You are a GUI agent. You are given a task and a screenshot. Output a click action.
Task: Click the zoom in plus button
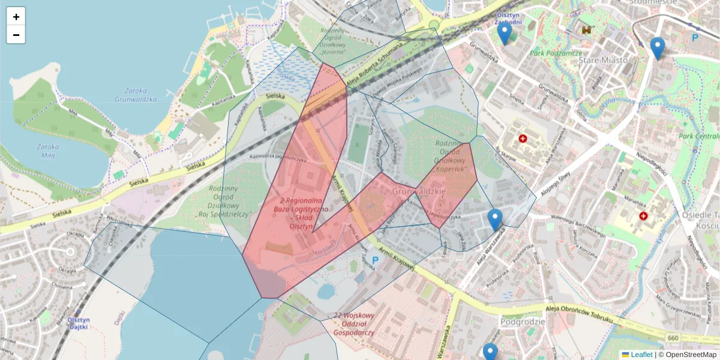[x=16, y=17]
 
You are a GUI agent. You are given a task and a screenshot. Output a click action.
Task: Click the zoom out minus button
[x=16, y=35]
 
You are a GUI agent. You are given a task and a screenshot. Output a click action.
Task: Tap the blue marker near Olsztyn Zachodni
[x=505, y=33]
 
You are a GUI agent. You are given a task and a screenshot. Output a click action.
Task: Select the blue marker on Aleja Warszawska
[x=494, y=220]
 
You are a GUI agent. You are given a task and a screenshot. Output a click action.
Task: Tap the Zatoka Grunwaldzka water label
[x=135, y=95]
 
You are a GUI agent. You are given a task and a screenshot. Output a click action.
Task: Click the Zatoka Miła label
[x=47, y=151]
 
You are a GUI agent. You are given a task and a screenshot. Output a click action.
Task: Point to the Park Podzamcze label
[x=556, y=53]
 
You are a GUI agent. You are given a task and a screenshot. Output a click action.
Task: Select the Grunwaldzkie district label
[x=418, y=191]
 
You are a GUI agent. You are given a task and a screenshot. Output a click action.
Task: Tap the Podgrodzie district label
[x=523, y=322]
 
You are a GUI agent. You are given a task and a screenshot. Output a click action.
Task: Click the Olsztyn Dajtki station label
[x=78, y=323]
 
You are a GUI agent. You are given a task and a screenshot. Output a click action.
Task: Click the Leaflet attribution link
[x=641, y=355]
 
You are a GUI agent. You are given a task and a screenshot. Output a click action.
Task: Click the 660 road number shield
[x=673, y=339]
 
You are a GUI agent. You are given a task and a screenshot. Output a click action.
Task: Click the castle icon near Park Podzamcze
[x=586, y=29]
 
